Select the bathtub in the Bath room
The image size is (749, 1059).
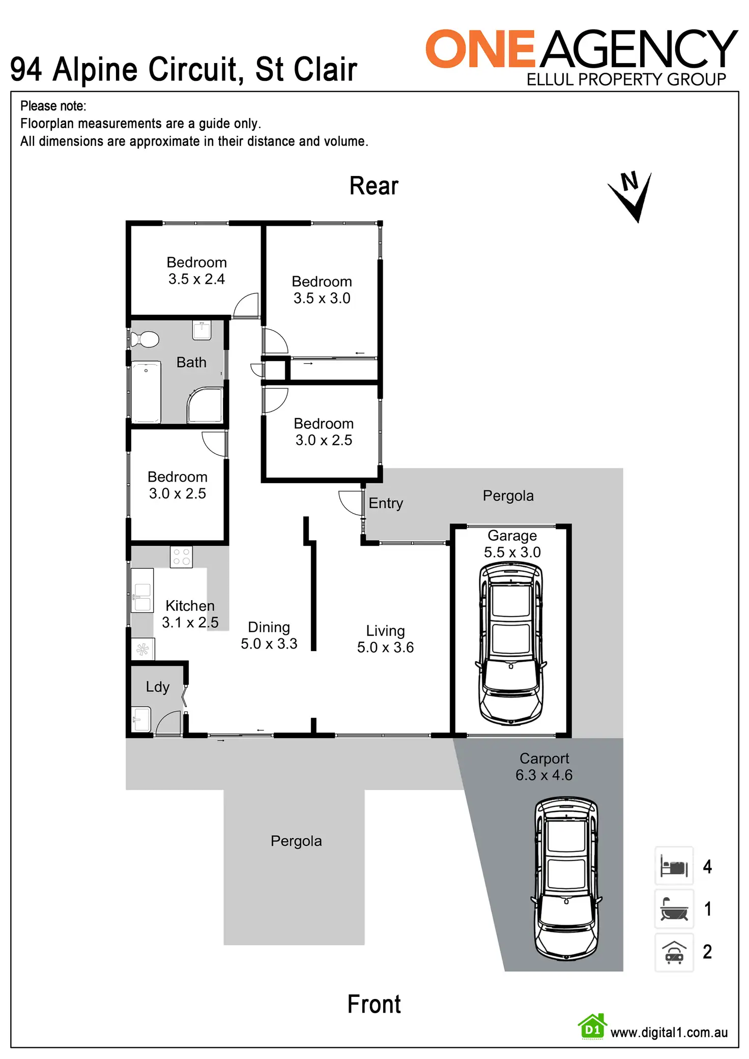pos(146,392)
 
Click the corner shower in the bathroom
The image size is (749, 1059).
pos(206,405)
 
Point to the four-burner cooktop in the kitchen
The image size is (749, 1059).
pos(181,556)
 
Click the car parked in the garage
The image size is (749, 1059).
pos(511,643)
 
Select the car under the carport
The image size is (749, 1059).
pos(566,877)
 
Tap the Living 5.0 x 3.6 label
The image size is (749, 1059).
pos(385,639)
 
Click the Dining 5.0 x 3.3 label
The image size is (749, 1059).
pos(269,635)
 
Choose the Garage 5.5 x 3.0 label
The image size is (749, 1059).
pos(512,544)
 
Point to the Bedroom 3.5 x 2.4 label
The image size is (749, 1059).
pos(196,271)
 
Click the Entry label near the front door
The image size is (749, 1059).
pos(386,503)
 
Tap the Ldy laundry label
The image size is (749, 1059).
pos(157,687)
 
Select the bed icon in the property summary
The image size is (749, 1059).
pos(674,866)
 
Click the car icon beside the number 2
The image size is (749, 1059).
pos(674,952)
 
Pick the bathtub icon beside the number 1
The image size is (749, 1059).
pos(674,909)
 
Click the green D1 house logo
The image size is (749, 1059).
pos(592,1026)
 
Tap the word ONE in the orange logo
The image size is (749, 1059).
pos(480,49)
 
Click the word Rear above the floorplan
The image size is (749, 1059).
pos(373,186)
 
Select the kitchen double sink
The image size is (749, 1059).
pos(142,597)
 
